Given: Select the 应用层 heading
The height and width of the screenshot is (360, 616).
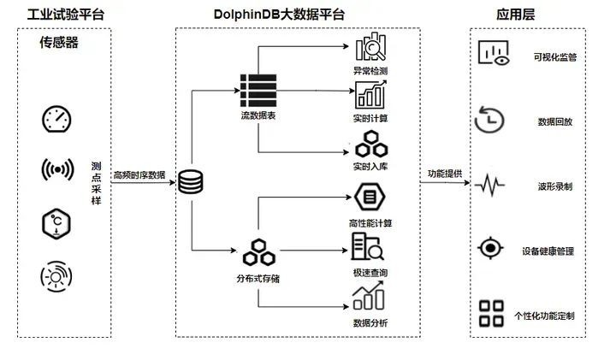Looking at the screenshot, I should [x=517, y=15].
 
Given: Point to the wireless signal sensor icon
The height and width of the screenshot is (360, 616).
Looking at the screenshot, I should [x=57, y=170].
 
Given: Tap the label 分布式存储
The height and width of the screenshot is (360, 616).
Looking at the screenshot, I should [x=257, y=279].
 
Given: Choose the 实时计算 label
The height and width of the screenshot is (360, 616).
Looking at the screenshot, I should [x=370, y=116].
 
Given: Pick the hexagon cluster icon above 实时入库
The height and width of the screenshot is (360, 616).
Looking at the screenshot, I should [x=370, y=144].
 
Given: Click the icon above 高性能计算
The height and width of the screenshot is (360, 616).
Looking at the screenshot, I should [x=370, y=198].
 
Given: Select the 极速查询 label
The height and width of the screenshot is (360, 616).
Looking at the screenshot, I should [x=370, y=272].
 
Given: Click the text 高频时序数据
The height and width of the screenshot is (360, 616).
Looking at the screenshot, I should [x=139, y=174].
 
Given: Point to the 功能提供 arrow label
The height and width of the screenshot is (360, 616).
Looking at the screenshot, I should [x=445, y=174].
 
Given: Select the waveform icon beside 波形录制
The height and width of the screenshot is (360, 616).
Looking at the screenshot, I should [x=494, y=184].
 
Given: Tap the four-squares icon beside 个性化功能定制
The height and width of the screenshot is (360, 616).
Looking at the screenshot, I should [x=492, y=313].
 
